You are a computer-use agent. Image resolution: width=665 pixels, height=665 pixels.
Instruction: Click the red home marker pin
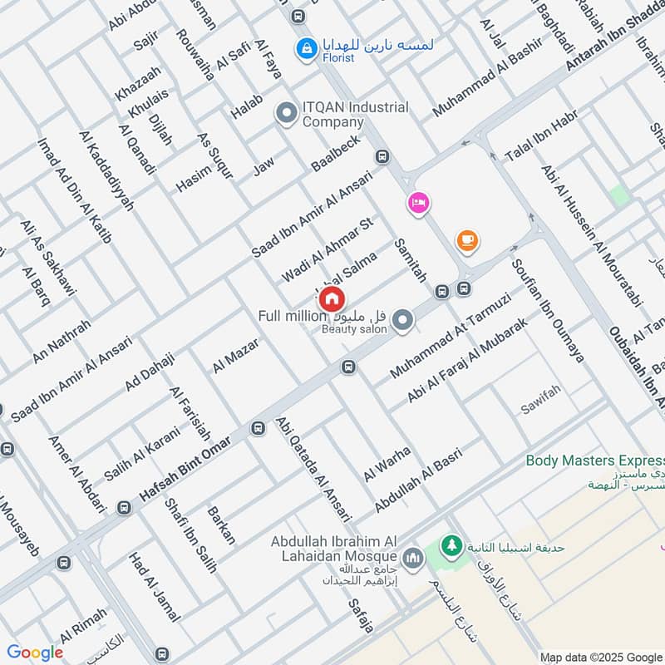[332, 298]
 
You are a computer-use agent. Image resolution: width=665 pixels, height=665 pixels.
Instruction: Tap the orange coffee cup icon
[467, 241]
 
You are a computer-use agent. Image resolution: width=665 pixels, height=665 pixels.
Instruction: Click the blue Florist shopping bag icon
[306, 49]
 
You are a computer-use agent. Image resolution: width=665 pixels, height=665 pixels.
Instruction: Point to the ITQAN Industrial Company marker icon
[287, 111]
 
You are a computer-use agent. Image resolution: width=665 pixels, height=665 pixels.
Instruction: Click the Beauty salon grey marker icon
[403, 320]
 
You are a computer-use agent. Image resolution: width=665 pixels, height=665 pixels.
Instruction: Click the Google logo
[35, 653]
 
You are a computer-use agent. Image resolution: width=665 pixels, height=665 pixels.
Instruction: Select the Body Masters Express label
[595, 461]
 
